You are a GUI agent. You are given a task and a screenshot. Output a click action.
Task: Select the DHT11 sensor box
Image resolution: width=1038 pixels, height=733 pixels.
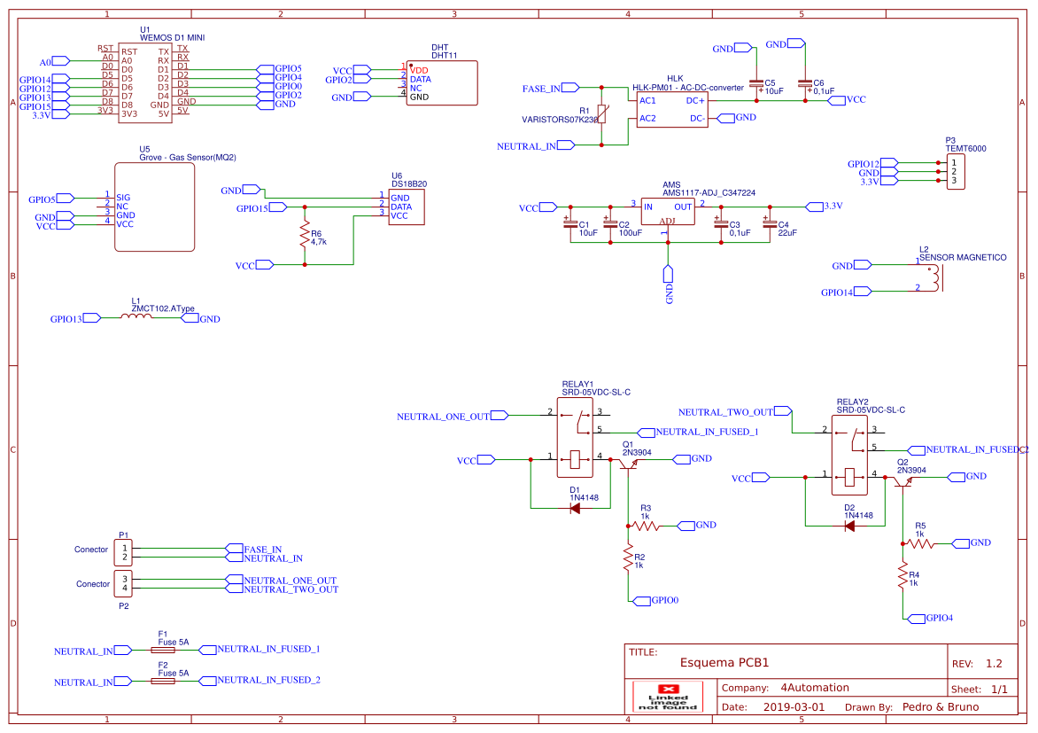pos(442,83)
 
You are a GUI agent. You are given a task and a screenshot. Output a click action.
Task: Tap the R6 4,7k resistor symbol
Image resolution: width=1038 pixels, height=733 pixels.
pos(306,237)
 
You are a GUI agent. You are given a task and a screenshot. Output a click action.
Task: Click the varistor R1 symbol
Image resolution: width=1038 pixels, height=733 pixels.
pos(602,115)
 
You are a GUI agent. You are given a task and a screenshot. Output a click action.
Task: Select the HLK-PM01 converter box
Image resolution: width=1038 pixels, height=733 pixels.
pos(671,108)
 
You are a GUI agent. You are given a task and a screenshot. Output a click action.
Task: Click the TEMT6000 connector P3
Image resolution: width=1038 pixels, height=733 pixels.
pos(955,172)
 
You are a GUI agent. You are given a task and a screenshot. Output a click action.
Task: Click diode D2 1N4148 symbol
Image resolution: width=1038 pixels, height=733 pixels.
pos(849,526)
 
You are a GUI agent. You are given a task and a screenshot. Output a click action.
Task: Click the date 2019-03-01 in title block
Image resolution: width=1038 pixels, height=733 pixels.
pos(793,707)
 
